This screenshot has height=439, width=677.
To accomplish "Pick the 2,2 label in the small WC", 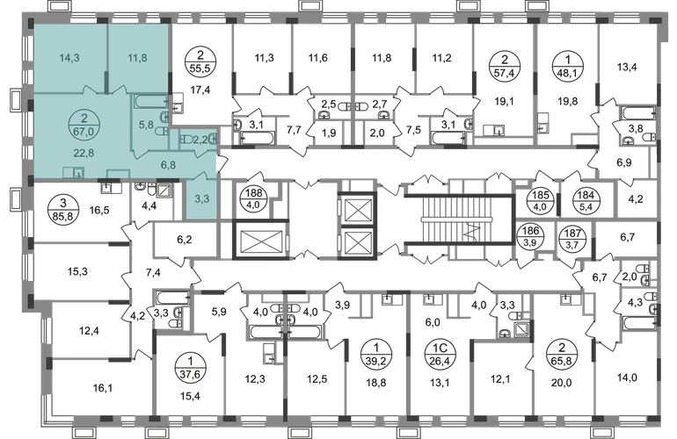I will coord(200,139).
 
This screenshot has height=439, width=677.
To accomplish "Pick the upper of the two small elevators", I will coord(357,211).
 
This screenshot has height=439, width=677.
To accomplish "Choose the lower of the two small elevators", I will coord(357,242).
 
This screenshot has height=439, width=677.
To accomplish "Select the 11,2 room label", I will coord(442,59).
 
